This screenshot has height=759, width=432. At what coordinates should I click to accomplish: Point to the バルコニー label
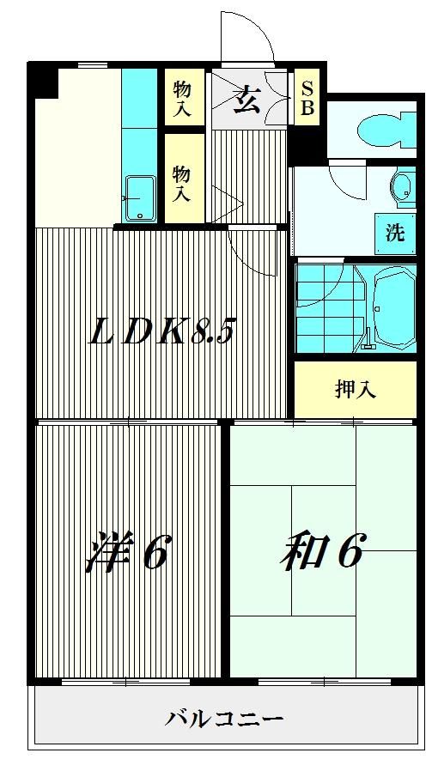(x=224, y=718)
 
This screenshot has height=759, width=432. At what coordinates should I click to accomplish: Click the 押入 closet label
(x=356, y=389)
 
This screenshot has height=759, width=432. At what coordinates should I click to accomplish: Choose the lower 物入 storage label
(x=183, y=183)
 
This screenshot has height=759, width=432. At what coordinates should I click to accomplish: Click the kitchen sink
(x=140, y=198)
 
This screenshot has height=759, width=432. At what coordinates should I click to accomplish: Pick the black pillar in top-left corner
(x=42, y=82)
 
